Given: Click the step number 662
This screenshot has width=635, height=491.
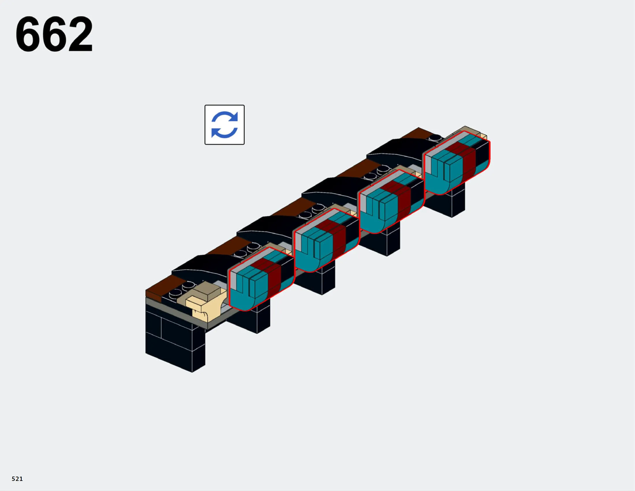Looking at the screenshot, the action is coord(54,34).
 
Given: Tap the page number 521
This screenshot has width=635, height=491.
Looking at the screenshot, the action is coord(17,479).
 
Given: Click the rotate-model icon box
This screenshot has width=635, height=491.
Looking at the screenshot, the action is coord(225,125).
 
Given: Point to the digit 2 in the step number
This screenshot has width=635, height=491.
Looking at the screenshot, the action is coord(80,34).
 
